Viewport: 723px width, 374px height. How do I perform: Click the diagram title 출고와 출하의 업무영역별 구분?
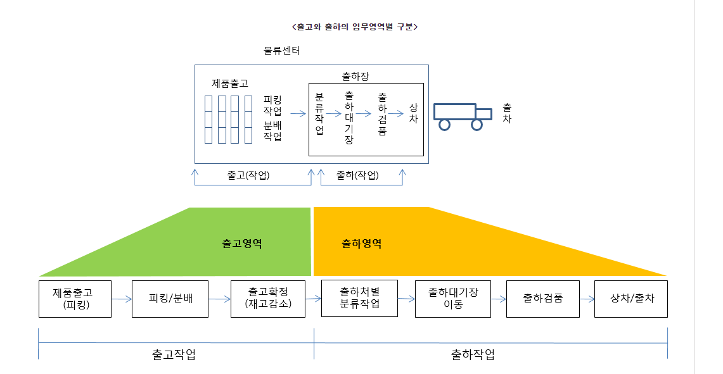(x=354, y=27)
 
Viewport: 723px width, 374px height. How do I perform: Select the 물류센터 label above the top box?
(x=281, y=51)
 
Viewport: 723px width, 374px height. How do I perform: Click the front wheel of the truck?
(x=477, y=125)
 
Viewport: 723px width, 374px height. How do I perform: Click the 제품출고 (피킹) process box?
(x=75, y=299)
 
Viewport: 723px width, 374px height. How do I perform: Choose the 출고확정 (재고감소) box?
(x=268, y=299)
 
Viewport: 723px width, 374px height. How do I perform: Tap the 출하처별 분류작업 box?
(x=359, y=299)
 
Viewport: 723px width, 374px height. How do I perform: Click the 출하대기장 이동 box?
(x=452, y=299)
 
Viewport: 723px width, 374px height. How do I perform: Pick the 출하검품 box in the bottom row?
(x=542, y=299)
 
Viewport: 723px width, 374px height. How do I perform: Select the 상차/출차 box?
(x=631, y=299)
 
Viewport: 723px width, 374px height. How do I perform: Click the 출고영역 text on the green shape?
(x=242, y=244)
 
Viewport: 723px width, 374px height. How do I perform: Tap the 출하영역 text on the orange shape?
(x=361, y=244)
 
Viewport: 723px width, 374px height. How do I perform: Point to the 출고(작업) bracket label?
(x=248, y=175)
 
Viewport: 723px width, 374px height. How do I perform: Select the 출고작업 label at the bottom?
(x=174, y=354)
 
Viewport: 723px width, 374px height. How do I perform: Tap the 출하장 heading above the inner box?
(x=355, y=76)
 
